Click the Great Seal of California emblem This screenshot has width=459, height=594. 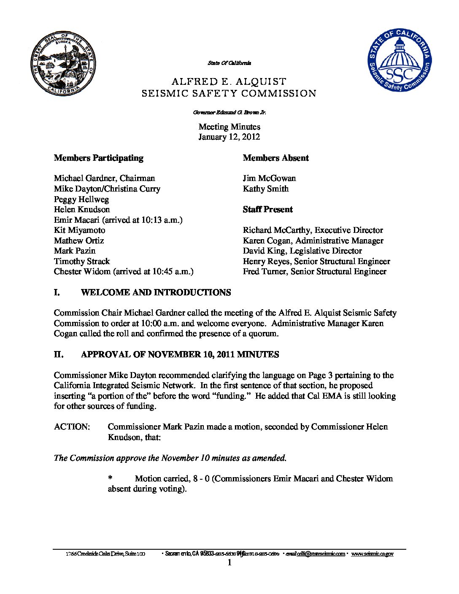pyautogui.click(x=64, y=65)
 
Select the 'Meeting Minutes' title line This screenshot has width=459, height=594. pyautogui.click(x=229, y=127)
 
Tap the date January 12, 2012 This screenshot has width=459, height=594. pyautogui.click(x=229, y=137)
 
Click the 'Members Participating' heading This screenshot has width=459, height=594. pyautogui.click(x=99, y=158)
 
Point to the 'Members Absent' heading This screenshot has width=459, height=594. pyautogui.click(x=275, y=158)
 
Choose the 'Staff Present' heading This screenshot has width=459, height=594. pyautogui.click(x=267, y=209)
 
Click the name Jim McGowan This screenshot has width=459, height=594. pyautogui.click(x=269, y=178)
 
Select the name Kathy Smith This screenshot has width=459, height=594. pyautogui.click(x=266, y=189)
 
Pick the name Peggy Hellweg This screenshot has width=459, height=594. pyautogui.click(x=81, y=199)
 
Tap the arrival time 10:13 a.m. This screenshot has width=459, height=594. pyautogui.click(x=159, y=220)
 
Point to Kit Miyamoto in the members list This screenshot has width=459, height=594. pyautogui.click(x=79, y=230)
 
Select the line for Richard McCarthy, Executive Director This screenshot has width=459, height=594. pyautogui.click(x=313, y=230)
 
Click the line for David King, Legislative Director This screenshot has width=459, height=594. pyautogui.click(x=302, y=251)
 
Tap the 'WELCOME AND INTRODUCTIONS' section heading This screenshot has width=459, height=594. pyautogui.click(x=156, y=292)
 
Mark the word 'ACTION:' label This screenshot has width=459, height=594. pyautogui.click(x=72, y=427)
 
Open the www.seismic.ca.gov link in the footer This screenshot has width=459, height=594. pyautogui.click(x=372, y=553)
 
